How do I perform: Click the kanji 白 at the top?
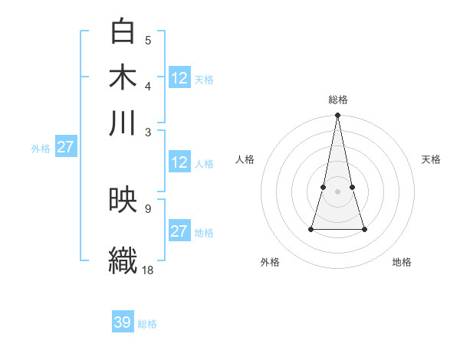pyautogui.click(x=123, y=31)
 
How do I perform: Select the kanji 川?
pyautogui.click(x=123, y=123)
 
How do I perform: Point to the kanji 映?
pyautogui.click(x=123, y=201)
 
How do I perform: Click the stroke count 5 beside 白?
pyautogui.click(x=148, y=40)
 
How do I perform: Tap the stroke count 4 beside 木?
pyautogui.click(x=148, y=85)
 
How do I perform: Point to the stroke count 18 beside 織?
pyautogui.click(x=148, y=270)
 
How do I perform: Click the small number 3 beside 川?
pyautogui.click(x=148, y=131)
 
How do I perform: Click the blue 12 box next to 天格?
pyautogui.click(x=179, y=78)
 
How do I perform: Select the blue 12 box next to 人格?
pyautogui.click(x=179, y=162)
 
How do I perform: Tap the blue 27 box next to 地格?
pyautogui.click(x=179, y=231)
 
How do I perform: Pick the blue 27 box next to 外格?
pyautogui.click(x=65, y=147)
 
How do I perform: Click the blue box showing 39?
pyautogui.click(x=122, y=322)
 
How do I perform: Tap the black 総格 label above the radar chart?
pyautogui.click(x=338, y=100)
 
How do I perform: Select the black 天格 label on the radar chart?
pyautogui.click(x=431, y=159)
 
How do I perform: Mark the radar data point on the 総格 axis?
pyautogui.click(x=337, y=116)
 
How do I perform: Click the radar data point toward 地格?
pyautogui.click(x=364, y=229)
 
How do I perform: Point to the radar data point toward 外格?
pyautogui.click(x=311, y=228)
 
